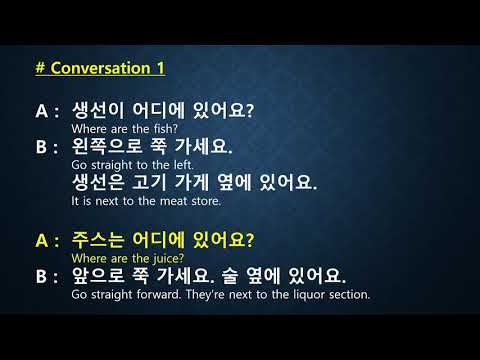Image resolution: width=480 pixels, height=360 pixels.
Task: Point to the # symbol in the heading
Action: pyautogui.click(x=40, y=68)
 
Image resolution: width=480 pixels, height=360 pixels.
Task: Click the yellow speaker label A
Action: pyautogui.click(x=42, y=240)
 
